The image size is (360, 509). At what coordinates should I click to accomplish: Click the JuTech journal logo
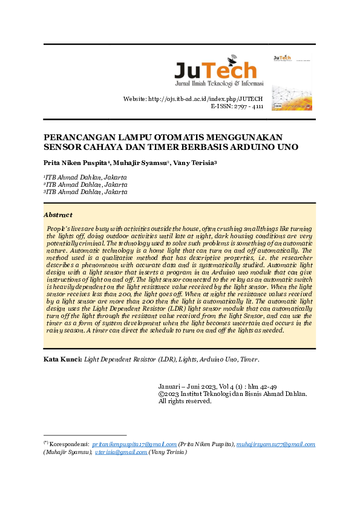[215, 71]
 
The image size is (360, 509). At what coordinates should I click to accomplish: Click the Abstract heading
[58, 215]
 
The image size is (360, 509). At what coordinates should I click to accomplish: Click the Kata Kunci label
[62, 360]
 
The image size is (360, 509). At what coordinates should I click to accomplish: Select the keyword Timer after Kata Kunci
[248, 360]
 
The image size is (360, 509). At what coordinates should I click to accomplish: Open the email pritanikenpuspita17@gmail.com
[134, 444]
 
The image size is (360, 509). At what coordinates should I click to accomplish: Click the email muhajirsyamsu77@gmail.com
[275, 444]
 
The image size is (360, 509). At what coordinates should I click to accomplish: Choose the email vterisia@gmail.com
[121, 452]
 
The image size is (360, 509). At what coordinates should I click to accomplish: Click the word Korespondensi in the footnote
[70, 444]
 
